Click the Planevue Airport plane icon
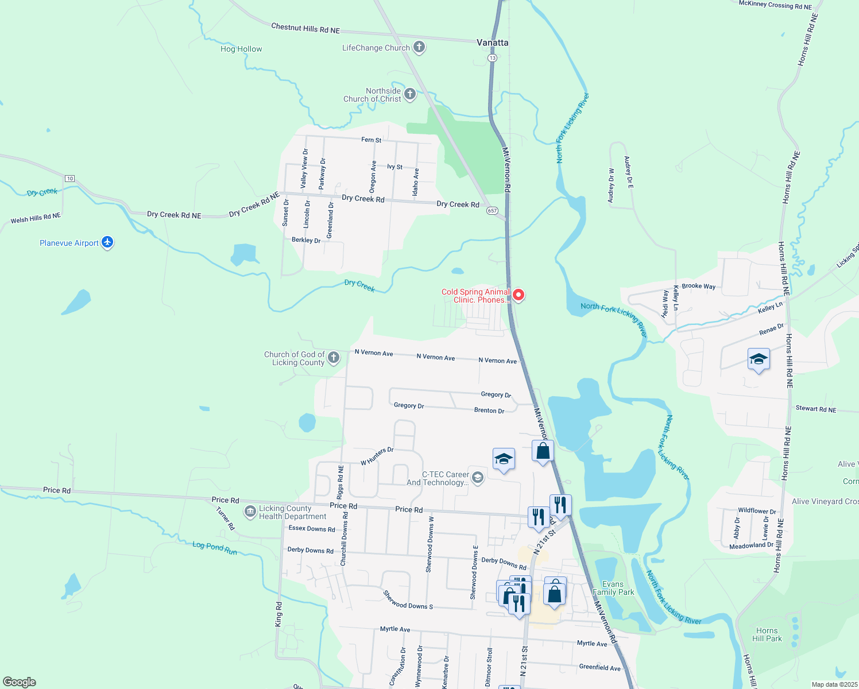107,242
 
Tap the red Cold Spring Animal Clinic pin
519,295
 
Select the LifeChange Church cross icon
419,47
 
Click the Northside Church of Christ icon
410,94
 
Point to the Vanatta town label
493,42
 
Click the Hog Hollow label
241,49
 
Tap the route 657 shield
492,211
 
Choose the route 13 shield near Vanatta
492,58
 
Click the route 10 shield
69,179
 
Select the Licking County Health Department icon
250,512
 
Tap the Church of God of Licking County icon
334,358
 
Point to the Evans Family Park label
613,588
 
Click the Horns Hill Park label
767,634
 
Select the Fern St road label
371,140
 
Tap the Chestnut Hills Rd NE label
305,28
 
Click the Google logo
20,682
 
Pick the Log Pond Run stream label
215,548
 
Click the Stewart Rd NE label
816,409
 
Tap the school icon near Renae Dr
759,359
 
